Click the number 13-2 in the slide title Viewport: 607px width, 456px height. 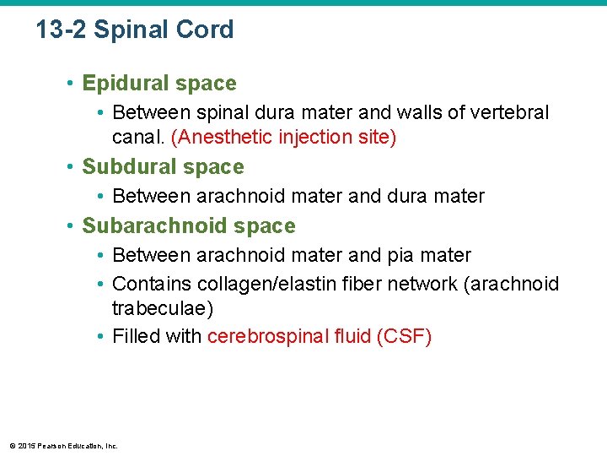tap(61, 30)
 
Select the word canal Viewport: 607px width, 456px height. tap(138, 137)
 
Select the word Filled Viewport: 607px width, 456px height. tap(135, 337)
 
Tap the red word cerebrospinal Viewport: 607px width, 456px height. tap(265, 337)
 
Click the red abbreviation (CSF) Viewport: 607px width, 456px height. tap(405, 337)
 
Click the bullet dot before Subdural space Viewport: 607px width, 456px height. tap(72, 167)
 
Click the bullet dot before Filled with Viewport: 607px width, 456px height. tap(100, 337)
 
